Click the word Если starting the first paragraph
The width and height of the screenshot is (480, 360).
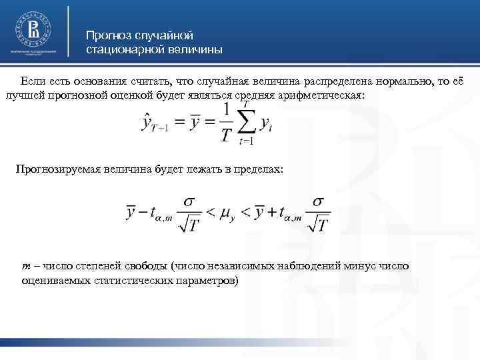[32, 81]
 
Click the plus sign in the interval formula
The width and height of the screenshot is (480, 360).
[271, 213]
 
